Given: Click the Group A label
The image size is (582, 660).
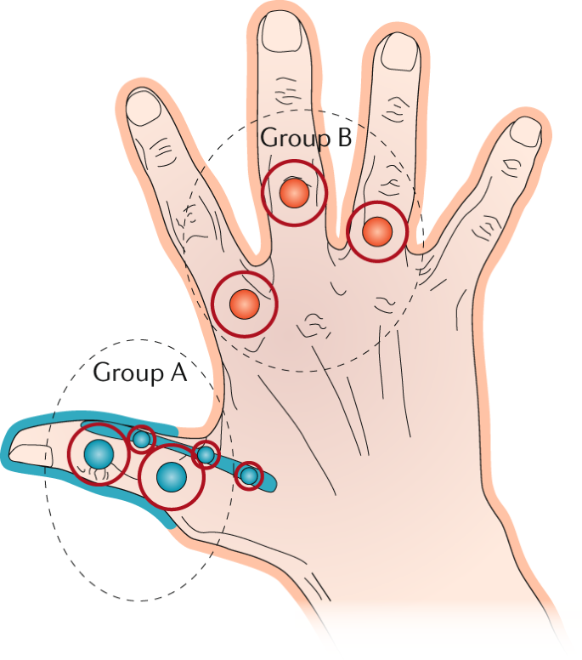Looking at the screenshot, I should pyautogui.click(x=139, y=372).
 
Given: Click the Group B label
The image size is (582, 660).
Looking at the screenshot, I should pyautogui.click(x=305, y=137).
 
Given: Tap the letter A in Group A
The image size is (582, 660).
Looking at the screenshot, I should pyautogui.click(x=177, y=372).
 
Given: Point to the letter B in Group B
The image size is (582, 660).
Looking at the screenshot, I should pyautogui.click(x=342, y=137).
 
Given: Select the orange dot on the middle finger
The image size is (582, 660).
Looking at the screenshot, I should pyautogui.click(x=294, y=193).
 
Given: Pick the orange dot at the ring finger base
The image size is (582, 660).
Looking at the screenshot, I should pyautogui.click(x=377, y=230).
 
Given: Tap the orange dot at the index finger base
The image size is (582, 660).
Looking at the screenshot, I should pyautogui.click(x=244, y=303).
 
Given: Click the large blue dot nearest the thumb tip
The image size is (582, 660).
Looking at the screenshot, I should pyautogui.click(x=99, y=454).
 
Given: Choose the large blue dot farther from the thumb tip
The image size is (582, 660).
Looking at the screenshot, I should pyautogui.click(x=172, y=476).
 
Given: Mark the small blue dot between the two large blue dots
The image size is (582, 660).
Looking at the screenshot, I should pyautogui.click(x=141, y=439).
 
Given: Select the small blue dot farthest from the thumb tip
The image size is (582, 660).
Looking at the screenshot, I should pyautogui.click(x=248, y=475).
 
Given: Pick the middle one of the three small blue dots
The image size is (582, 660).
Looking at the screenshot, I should pyautogui.click(x=206, y=455).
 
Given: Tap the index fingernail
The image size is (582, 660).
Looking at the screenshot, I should pyautogui.click(x=144, y=107).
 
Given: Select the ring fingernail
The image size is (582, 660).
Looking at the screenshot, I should pyautogui.click(x=396, y=52).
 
